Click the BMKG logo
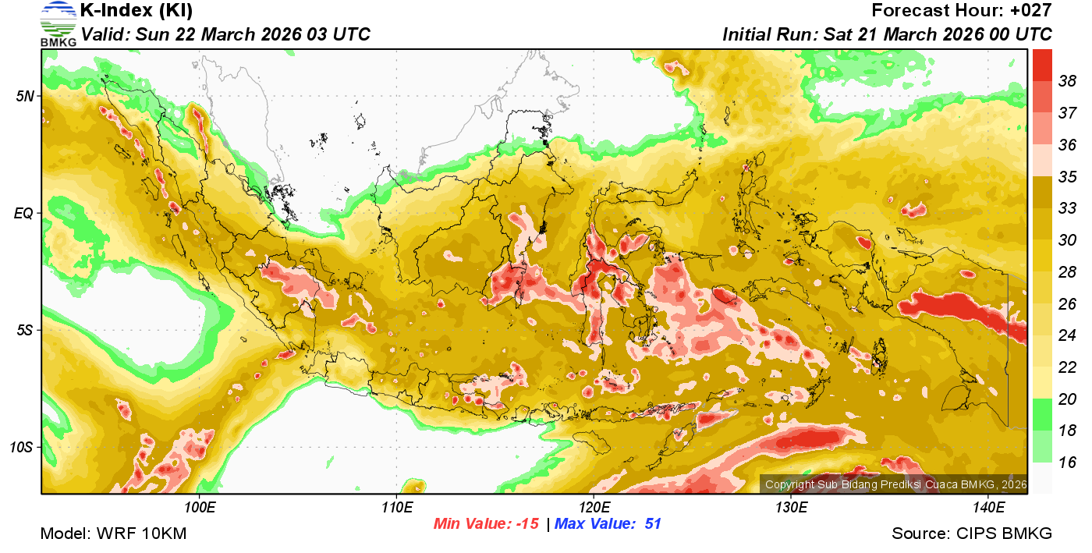click(x=58, y=23)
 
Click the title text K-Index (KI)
click(x=136, y=11)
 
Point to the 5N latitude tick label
click(x=25, y=96)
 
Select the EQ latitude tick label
click(x=24, y=213)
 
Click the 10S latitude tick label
click(x=22, y=447)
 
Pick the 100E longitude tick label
click(x=200, y=509)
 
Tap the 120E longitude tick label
click(x=594, y=509)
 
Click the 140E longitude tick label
click(x=988, y=509)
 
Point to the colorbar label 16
click(x=1068, y=463)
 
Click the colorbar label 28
click(x=1068, y=271)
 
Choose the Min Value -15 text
click(x=486, y=524)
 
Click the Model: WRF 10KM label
click(x=113, y=534)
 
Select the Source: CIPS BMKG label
click(x=972, y=534)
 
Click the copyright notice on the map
click(x=895, y=485)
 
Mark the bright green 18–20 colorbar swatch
click(x=1042, y=414)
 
